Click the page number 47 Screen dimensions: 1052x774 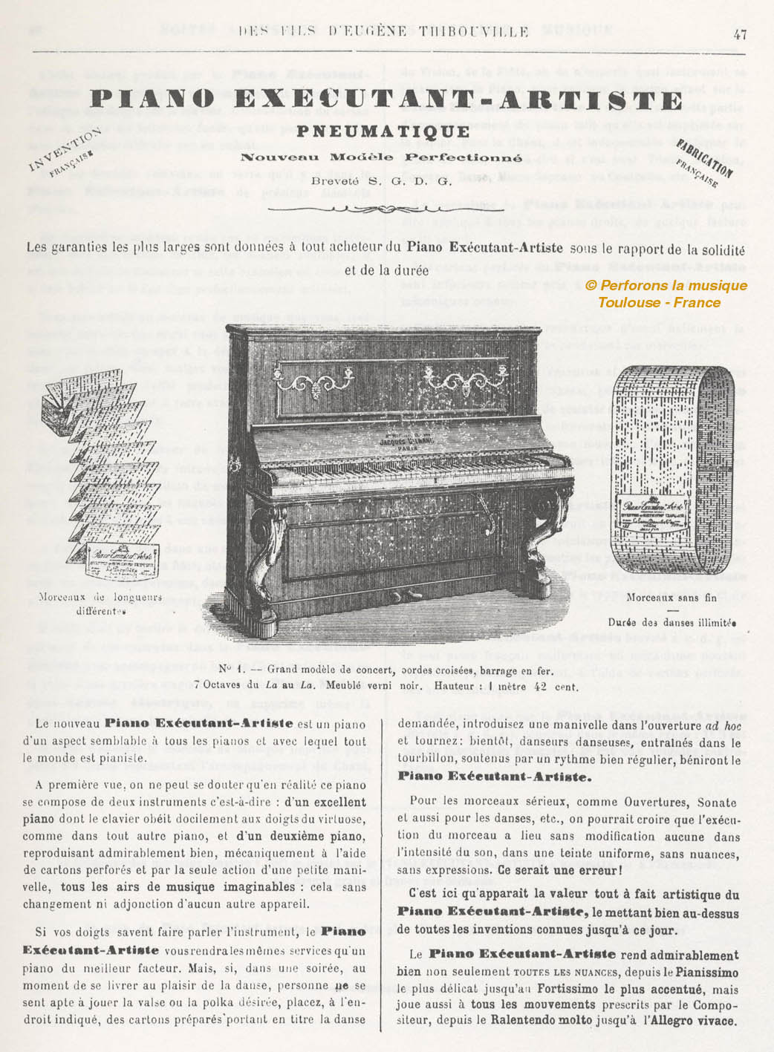(739, 33)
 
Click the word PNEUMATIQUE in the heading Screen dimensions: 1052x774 (383, 131)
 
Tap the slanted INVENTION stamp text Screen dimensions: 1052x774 (65, 149)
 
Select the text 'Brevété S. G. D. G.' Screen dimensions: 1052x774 (381, 180)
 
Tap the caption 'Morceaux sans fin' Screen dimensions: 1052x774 (671, 597)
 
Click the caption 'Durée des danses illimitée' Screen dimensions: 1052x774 (671, 623)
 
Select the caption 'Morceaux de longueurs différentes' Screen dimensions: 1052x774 (100, 604)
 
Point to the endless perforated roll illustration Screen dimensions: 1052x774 (674, 468)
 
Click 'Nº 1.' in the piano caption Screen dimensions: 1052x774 (228, 670)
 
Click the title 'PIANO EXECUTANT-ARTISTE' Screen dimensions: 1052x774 (386, 100)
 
